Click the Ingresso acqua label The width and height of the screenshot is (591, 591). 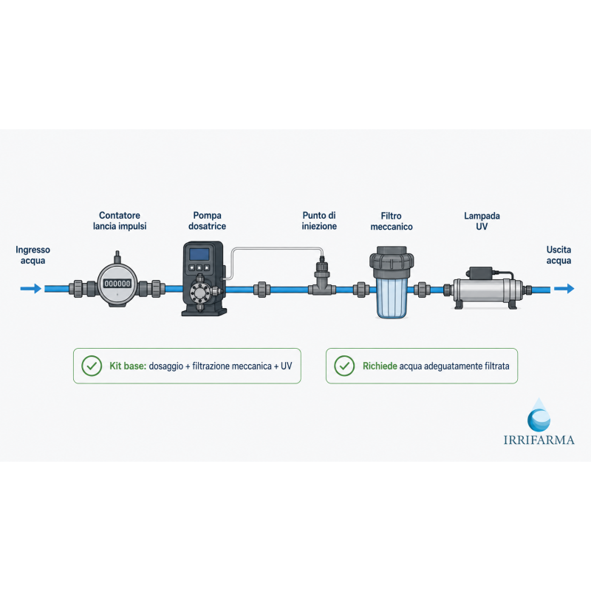point(33,255)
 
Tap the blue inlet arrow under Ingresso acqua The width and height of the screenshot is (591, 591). point(31,289)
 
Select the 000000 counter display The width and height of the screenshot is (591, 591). point(117,284)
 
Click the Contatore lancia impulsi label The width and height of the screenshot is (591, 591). point(120,221)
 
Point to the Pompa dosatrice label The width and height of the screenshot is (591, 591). point(207,221)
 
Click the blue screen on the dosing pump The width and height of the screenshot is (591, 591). point(199,254)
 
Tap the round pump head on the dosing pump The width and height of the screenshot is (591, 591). point(199,292)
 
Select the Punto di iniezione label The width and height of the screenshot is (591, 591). point(319,221)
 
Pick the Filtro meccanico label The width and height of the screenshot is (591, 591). point(392,221)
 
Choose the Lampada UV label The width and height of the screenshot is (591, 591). point(482,221)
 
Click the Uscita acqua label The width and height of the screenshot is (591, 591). point(558,255)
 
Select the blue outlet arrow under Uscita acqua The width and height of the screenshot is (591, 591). point(564,289)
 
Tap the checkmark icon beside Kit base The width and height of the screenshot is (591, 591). point(92,366)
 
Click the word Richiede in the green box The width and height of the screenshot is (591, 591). point(380,366)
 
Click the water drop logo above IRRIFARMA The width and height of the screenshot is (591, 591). point(539,415)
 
